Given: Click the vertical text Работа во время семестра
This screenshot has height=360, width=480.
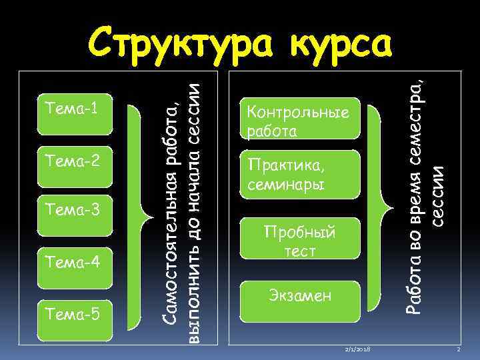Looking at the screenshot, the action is (415, 193).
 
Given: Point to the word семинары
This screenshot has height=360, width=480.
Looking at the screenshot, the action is (285, 183).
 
